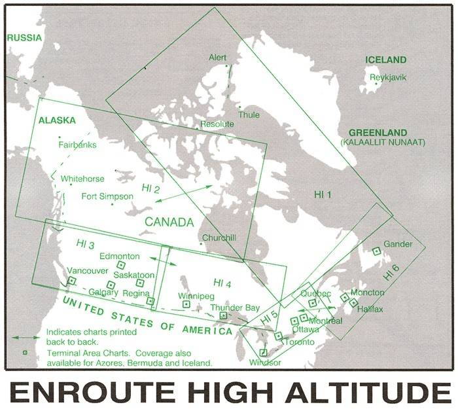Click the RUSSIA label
point(24,38)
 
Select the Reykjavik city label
point(388,77)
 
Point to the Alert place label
point(218,58)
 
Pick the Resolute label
point(217,124)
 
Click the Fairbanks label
point(77,145)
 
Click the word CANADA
point(169,222)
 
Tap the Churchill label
point(219,238)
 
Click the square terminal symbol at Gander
point(376,251)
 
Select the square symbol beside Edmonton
point(120,264)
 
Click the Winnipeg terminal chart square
point(186,304)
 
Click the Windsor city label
point(266,362)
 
